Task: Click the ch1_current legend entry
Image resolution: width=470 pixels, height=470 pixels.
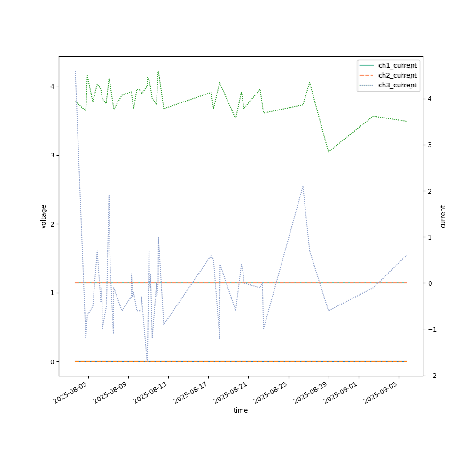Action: tap(397, 65)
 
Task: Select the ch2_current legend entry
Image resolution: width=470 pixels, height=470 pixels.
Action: tap(397, 75)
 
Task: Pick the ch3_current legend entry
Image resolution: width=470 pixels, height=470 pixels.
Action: tap(397, 85)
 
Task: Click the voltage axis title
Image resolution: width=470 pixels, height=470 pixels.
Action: tap(44, 216)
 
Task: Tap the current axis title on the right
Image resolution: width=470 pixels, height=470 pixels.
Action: tap(442, 216)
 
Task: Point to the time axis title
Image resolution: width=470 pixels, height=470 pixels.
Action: tap(241, 410)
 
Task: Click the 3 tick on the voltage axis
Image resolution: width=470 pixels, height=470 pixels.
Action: tap(52, 155)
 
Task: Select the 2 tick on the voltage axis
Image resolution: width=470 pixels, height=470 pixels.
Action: tap(52, 224)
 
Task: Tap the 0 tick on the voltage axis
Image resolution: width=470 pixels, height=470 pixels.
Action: tap(52, 361)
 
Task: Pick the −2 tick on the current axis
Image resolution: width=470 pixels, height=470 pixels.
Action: tap(431, 375)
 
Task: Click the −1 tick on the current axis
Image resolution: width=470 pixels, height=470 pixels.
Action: tap(431, 329)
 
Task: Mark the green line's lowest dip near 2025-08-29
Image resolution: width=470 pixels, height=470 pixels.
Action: tap(329, 152)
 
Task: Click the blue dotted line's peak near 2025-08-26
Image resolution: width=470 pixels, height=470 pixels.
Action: tap(303, 186)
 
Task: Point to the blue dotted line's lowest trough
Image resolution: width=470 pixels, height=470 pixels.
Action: tap(147, 361)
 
